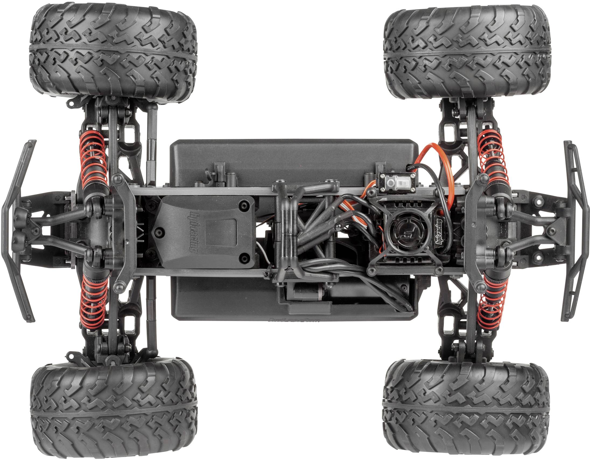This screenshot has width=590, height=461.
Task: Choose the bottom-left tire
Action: pos(114,408)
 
